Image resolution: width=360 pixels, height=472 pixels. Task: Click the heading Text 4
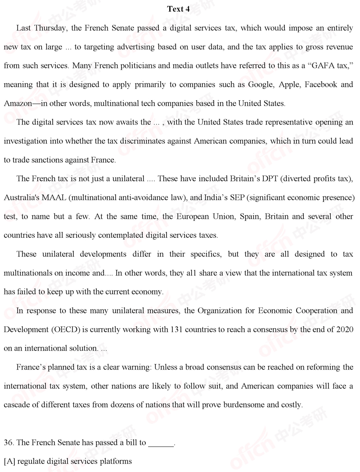pos(178,9)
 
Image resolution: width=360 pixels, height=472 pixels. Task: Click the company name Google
pos(260,85)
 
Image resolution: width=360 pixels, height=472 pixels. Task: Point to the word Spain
pos(249,216)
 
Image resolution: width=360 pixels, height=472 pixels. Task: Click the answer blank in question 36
pos(161,443)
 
